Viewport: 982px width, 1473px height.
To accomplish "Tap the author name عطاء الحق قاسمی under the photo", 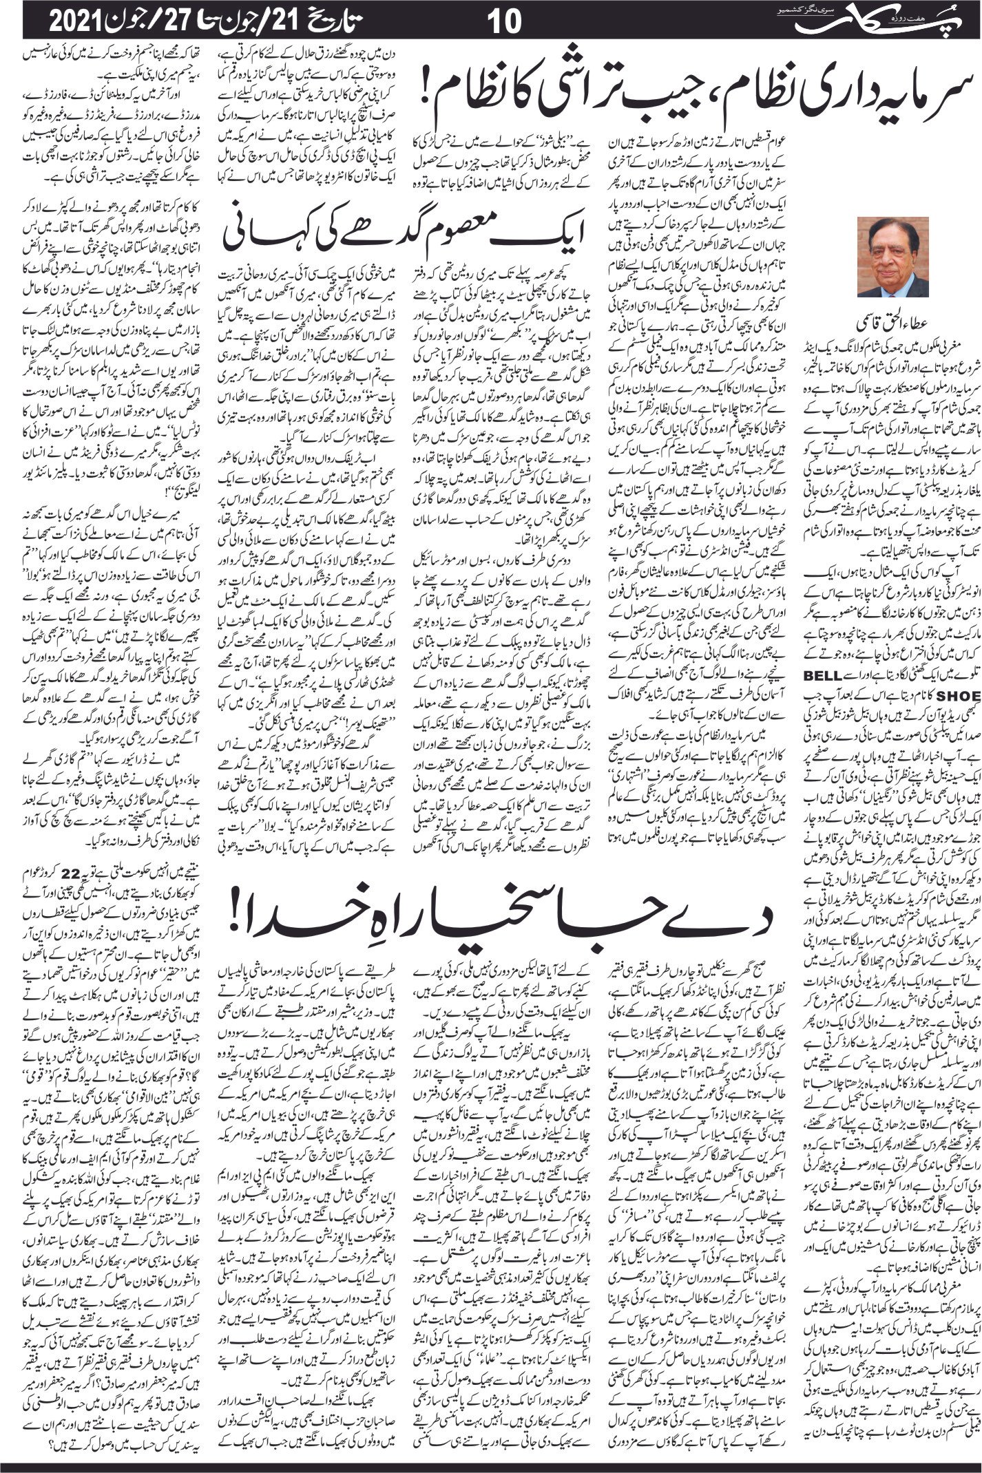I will click(x=892, y=321).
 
